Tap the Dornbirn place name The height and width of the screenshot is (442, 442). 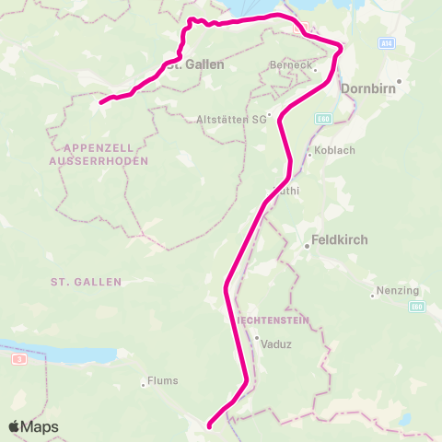pyautogui.click(x=368, y=89)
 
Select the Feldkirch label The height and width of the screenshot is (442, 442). pyautogui.click(x=341, y=239)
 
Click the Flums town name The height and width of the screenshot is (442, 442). pyautogui.click(x=166, y=381)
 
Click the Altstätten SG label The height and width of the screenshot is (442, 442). pyautogui.click(x=230, y=119)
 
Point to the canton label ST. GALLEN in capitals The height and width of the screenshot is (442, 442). pyautogui.click(x=86, y=281)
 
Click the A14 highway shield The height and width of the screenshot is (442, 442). pyautogui.click(x=387, y=43)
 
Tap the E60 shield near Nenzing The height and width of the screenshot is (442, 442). pyautogui.click(x=417, y=305)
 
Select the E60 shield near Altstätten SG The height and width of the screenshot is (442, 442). pyautogui.click(x=322, y=119)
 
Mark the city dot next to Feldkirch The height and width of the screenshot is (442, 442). pyautogui.click(x=308, y=246)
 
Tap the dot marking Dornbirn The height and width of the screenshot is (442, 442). pyautogui.click(x=400, y=81)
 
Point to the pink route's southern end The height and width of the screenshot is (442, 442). pyautogui.click(x=210, y=425)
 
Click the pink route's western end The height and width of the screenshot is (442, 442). pyautogui.click(x=100, y=100)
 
